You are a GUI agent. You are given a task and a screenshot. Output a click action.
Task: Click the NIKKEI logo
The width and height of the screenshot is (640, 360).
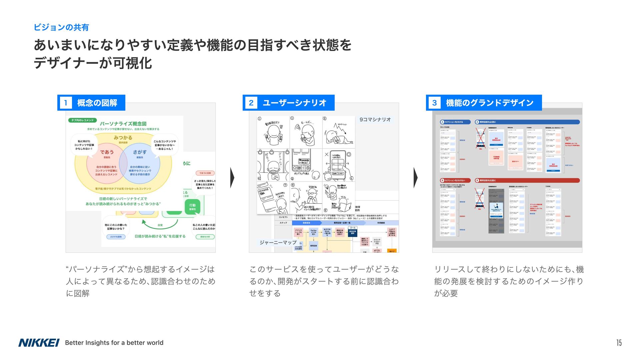tap(39, 343)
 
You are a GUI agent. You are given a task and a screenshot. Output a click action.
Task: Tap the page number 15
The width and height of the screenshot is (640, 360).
tap(619, 343)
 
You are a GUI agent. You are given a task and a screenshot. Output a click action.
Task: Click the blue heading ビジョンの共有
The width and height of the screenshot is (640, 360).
tap(61, 27)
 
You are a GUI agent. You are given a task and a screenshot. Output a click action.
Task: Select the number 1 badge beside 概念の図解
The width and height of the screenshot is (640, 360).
tap(66, 103)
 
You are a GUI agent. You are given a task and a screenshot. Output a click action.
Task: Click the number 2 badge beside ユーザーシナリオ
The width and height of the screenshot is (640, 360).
tap(251, 103)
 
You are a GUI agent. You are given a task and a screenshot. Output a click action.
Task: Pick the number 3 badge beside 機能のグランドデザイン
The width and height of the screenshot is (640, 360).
tap(434, 103)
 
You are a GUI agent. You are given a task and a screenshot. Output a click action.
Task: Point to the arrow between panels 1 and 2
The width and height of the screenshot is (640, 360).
tap(232, 178)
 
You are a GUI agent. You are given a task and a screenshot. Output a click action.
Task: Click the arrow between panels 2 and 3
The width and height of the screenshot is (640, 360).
tap(416, 178)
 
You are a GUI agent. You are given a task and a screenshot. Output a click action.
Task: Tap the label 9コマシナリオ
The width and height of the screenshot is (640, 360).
tap(375, 120)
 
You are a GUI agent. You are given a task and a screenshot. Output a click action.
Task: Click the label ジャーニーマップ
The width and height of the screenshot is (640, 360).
tap(278, 242)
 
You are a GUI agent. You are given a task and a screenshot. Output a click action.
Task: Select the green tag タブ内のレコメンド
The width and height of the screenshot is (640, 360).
tap(83, 120)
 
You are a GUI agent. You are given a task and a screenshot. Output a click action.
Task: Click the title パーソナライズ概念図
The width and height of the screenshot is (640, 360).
tap(123, 124)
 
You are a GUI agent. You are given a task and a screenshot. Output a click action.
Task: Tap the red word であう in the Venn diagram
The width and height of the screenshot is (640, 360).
tap(107, 152)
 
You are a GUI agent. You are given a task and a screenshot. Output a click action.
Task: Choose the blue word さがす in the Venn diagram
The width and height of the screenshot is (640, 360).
tap(140, 152)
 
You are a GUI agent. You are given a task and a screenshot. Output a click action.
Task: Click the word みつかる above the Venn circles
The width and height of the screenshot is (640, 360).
tap(123, 138)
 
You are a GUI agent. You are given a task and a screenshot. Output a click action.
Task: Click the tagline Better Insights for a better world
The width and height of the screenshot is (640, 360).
tap(114, 343)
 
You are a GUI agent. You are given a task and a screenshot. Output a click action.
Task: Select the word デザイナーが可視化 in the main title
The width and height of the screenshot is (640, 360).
tap(93, 63)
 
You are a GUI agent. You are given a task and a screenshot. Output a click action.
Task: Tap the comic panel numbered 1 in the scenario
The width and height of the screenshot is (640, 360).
tap(273, 132)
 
